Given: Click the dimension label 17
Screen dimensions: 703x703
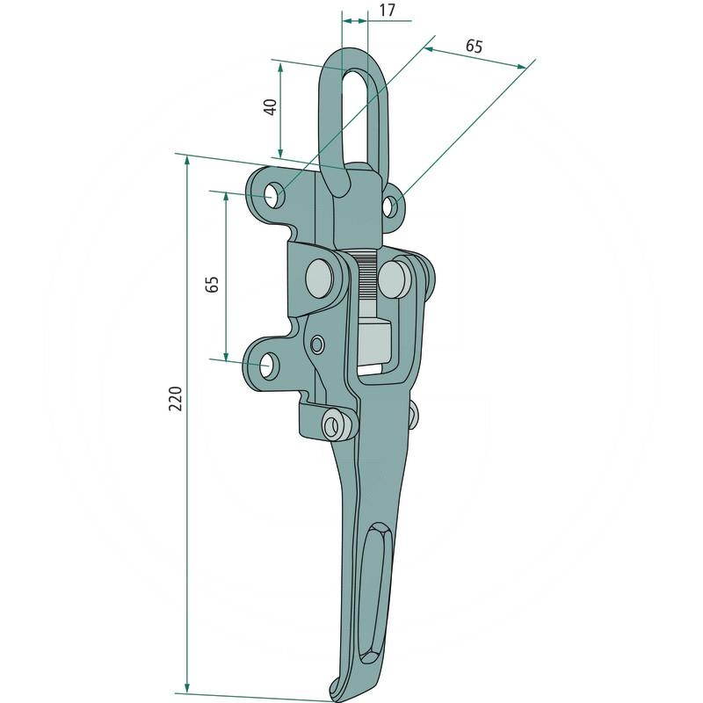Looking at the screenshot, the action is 387,11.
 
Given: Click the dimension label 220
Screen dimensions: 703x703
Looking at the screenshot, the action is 175,398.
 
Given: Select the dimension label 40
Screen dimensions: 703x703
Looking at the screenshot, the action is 271,107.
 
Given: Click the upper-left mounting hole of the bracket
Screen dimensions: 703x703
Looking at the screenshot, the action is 272,195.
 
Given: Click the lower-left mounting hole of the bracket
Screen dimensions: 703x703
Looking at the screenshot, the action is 270,365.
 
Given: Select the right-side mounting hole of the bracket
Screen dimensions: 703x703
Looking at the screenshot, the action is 390,207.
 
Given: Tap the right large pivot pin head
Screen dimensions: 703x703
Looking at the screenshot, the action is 394,279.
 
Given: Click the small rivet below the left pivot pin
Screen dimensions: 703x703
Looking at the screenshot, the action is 317,344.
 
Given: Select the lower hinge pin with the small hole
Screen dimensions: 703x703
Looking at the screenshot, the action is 334,424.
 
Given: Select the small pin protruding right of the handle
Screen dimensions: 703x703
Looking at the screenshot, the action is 413,413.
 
